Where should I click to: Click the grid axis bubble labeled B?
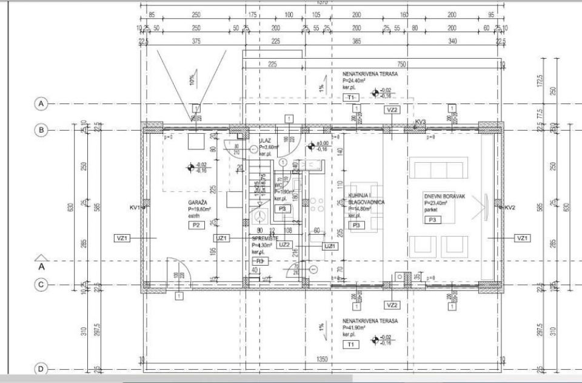click(x=41, y=129)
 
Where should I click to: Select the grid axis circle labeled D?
click(x=41, y=369)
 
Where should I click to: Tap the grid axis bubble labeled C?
click(x=41, y=284)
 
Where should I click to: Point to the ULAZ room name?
click(x=266, y=140)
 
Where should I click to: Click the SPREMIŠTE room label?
click(x=265, y=238)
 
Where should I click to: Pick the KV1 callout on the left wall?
click(x=135, y=208)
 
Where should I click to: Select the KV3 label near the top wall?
click(x=420, y=122)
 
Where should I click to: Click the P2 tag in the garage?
click(x=195, y=225)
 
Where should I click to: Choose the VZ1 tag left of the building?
click(x=122, y=238)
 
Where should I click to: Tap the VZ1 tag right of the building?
click(x=521, y=238)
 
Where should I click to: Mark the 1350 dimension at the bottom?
click(x=323, y=359)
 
